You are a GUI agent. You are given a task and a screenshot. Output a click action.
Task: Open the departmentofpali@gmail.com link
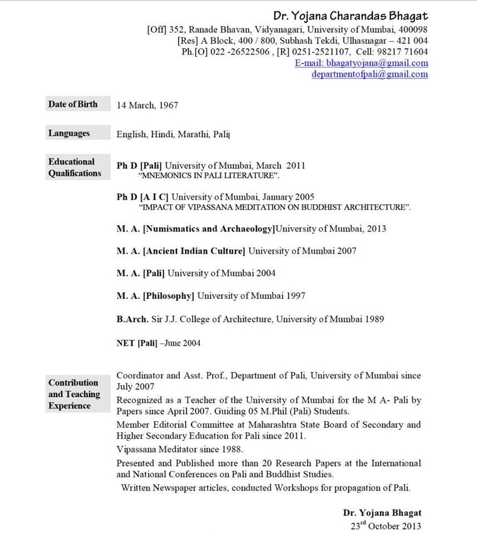point(370,74)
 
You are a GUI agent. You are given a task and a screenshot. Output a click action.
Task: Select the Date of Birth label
point(73,104)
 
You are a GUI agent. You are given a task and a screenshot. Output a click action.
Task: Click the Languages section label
point(69,133)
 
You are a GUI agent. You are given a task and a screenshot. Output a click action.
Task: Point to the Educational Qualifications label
point(75,167)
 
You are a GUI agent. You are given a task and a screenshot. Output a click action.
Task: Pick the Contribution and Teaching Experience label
point(74,394)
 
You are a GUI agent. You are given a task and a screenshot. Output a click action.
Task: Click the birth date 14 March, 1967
point(147,105)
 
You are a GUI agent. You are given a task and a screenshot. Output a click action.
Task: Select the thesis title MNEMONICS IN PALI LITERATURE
point(209,175)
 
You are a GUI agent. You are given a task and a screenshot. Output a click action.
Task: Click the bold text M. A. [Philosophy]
point(155,296)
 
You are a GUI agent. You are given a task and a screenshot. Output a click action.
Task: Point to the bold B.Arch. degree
point(132,319)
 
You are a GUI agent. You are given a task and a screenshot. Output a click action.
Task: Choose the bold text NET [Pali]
point(137,343)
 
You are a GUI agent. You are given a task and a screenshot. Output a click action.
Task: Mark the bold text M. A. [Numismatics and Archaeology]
point(196,228)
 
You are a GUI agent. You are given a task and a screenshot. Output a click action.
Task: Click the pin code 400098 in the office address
point(413,29)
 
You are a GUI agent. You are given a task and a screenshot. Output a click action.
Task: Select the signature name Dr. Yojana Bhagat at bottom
point(382,513)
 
